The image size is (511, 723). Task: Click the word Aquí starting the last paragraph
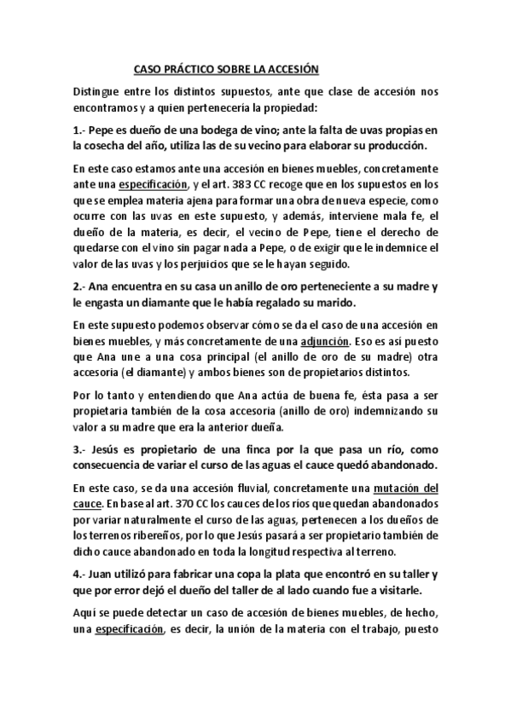click(87, 613)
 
